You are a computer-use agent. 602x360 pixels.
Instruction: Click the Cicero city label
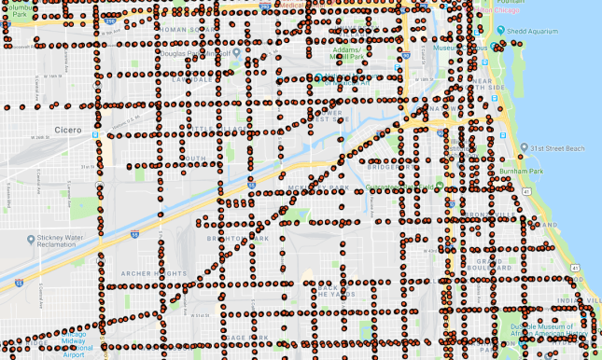[67, 130]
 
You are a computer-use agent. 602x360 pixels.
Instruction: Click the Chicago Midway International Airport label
[86, 344]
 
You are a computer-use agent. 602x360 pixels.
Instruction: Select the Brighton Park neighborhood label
[245, 239]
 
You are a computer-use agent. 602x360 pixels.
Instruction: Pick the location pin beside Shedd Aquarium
[501, 28]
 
